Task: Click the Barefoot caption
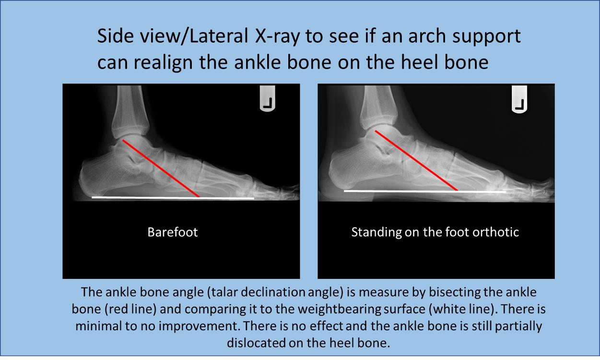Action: coord(173,232)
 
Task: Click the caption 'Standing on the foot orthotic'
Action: coord(435,232)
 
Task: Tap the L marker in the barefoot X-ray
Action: coord(268,98)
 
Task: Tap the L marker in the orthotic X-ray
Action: coord(519,99)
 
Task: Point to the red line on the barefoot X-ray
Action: coord(161,168)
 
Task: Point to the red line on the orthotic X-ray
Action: coord(416,160)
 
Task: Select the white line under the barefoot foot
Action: coord(173,198)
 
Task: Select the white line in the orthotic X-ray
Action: coord(425,191)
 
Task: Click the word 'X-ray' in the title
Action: coord(278,36)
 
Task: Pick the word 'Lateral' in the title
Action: coord(219,36)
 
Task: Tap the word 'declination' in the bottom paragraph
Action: coord(273,292)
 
